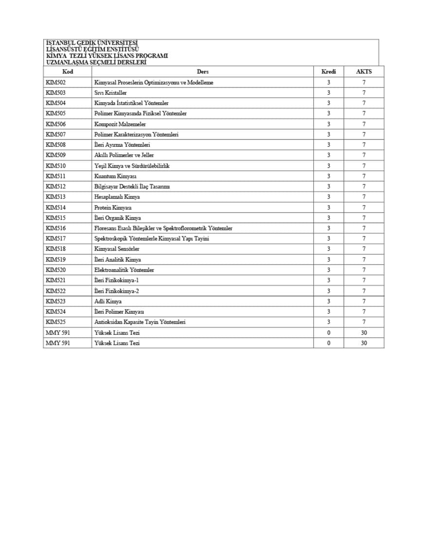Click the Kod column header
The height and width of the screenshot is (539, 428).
(68, 72)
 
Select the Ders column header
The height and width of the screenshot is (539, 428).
(203, 72)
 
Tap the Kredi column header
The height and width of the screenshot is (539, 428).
(329, 72)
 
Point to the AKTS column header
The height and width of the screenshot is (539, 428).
(364, 72)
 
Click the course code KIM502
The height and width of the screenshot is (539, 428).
(56, 83)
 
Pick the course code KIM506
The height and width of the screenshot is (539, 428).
(56, 124)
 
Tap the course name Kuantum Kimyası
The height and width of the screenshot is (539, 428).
(115, 176)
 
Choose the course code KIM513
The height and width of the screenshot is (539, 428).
(56, 197)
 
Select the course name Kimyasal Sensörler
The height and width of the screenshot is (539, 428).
(117, 249)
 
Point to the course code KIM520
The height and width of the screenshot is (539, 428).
(56, 270)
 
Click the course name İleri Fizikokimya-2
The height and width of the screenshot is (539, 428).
(117, 291)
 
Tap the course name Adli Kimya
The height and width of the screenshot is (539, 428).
(108, 302)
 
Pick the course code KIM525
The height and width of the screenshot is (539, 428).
(56, 322)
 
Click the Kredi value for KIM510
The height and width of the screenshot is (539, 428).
(329, 166)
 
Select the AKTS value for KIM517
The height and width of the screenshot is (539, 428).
(364, 239)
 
